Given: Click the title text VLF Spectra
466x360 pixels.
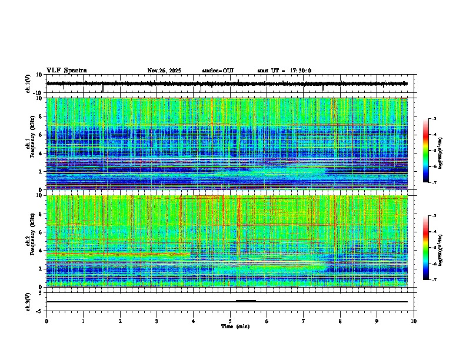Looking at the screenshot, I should (66, 71).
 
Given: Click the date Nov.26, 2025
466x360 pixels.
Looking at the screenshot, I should (164, 71).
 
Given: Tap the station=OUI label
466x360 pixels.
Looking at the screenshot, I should (218, 71).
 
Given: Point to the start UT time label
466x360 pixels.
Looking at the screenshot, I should (284, 71).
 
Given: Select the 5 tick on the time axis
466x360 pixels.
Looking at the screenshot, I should (230, 321).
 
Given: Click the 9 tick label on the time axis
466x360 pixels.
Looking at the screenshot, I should (377, 321).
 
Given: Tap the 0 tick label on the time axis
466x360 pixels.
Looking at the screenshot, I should (46, 321).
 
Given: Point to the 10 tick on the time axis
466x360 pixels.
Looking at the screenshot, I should (414, 321).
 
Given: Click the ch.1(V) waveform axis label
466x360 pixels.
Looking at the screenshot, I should (28, 84).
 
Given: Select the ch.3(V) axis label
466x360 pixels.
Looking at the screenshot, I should (28, 301).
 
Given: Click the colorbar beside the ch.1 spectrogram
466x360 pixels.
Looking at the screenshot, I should (426, 151).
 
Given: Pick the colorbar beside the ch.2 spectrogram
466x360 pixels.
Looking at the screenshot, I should (426, 248).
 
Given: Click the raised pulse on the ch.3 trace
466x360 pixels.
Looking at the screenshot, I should (245, 300).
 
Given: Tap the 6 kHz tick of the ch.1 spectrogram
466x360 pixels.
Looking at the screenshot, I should (40, 135).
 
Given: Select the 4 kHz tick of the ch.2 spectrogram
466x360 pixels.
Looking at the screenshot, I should (40, 251).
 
